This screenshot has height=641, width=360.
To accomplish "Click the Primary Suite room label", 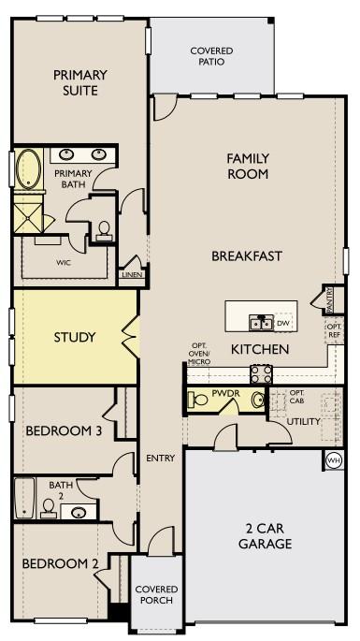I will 79,82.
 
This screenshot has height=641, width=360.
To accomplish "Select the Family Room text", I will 248,167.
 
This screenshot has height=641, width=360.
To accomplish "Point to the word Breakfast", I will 247,255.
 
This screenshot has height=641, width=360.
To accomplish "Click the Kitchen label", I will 260,348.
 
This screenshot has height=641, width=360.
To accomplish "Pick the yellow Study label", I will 75,337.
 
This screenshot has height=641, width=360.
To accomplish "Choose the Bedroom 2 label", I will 60,563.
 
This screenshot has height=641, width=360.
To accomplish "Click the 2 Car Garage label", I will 265,536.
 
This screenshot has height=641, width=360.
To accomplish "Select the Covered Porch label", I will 156,594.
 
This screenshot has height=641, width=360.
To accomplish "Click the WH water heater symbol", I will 333,459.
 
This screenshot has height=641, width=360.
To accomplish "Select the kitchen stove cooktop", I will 260,374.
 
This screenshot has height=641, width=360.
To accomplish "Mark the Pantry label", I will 331,299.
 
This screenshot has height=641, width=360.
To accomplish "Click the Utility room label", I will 304,421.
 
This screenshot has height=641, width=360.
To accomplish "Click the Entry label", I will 161,458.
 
